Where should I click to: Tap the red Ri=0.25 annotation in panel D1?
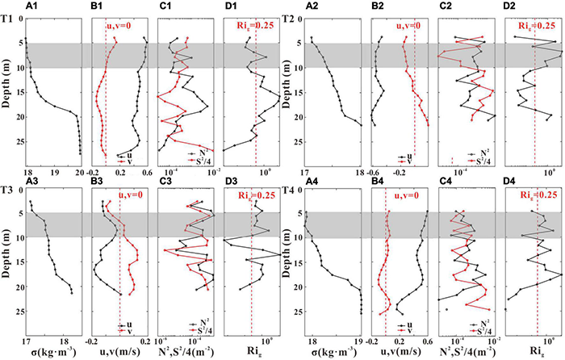coord(253,26)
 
